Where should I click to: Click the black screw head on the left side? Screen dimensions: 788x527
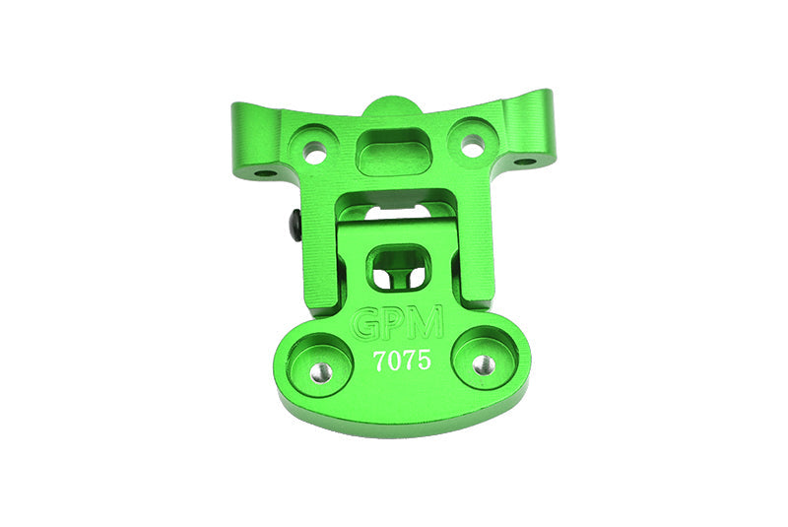tap(295, 226)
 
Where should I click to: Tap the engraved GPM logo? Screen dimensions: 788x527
tap(399, 323)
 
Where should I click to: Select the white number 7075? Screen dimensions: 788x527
tap(402, 361)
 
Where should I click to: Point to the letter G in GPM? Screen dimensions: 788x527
tap(367, 324)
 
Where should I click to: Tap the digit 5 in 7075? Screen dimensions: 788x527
tap(425, 361)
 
